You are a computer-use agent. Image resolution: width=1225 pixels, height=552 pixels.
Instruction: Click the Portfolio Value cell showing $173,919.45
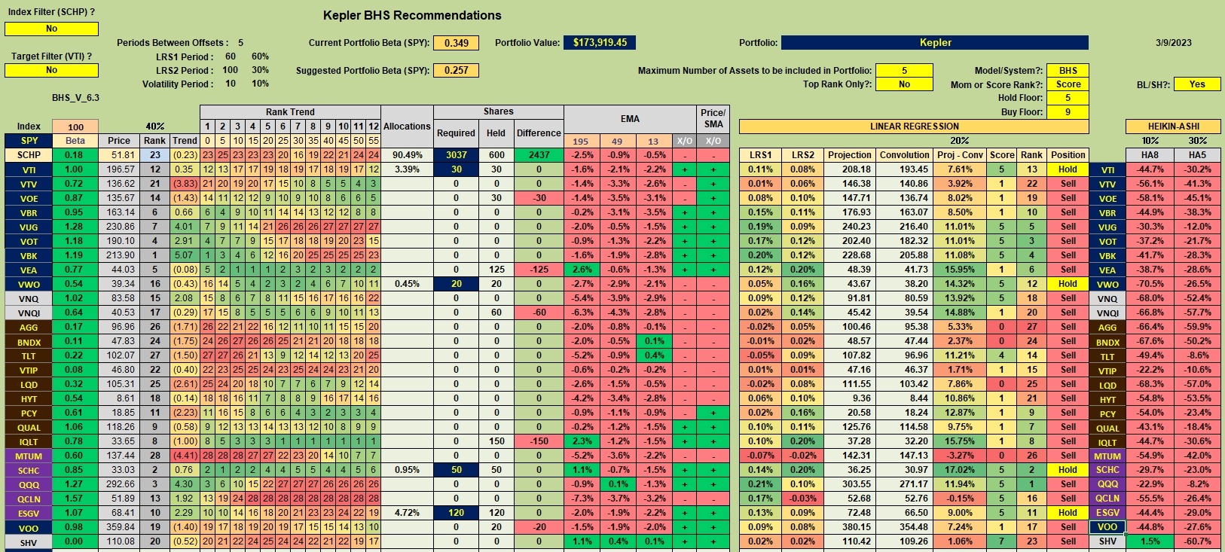[x=600, y=43]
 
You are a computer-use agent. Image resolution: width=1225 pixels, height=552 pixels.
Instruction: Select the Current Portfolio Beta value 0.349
[x=456, y=43]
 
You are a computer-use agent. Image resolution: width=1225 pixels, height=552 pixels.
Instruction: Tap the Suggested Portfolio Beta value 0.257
[x=456, y=71]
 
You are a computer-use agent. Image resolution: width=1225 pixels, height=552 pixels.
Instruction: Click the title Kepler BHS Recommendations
[x=412, y=15]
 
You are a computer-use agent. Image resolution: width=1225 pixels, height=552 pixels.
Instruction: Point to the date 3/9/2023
[x=1174, y=43]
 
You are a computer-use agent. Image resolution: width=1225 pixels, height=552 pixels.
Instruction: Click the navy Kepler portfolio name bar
[x=935, y=43]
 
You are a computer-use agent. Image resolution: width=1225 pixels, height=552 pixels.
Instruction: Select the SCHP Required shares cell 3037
[x=456, y=155]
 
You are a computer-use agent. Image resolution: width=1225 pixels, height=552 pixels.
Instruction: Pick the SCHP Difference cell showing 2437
[x=539, y=155]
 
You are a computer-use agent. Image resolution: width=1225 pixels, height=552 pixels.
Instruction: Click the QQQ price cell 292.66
[x=119, y=484]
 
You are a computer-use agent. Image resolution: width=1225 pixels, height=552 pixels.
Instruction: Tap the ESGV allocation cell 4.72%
[x=407, y=513]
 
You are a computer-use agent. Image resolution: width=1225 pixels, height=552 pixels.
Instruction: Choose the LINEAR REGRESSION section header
[x=914, y=127]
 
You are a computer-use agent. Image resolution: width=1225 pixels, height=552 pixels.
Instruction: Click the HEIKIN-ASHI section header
[x=1173, y=127]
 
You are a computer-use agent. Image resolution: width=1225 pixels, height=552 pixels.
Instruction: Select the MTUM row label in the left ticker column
[x=29, y=456]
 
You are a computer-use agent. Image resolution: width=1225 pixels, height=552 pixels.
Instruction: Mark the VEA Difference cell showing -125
[x=539, y=270]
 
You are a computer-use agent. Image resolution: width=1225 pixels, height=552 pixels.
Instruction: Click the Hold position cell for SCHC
[x=1068, y=469]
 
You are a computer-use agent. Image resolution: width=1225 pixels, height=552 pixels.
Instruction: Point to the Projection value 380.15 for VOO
[x=849, y=527]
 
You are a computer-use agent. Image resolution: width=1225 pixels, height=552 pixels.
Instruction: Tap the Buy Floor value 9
[x=1068, y=112]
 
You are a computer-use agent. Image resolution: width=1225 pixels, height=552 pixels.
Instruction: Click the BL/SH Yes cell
[x=1197, y=84]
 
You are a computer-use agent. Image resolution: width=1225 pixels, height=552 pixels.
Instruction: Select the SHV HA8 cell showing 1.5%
[x=1150, y=541]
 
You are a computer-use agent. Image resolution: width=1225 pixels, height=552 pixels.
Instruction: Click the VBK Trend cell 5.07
[x=184, y=255]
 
